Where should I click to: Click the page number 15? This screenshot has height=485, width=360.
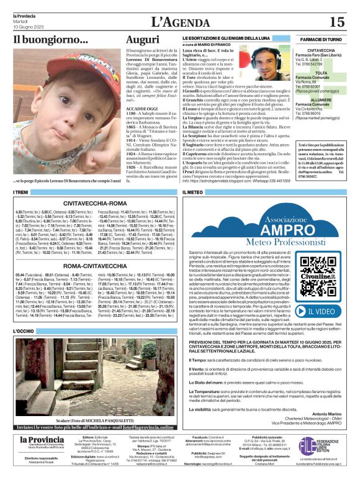click(x=336, y=22)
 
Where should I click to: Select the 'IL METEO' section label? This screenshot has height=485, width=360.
click(x=192, y=193)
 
